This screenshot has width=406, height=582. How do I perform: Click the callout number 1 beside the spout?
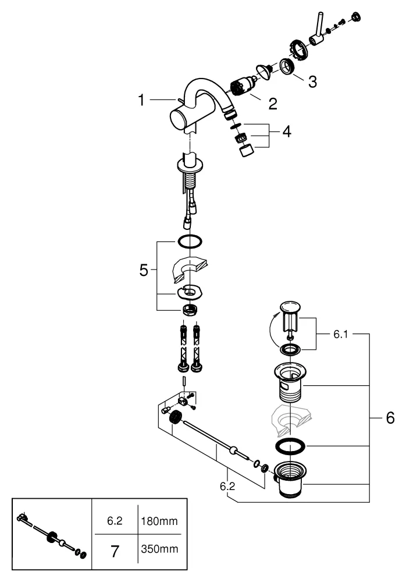tap(141, 100)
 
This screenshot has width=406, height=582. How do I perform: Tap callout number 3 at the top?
tap(312, 81)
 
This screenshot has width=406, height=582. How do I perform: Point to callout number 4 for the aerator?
tap(286, 132)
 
